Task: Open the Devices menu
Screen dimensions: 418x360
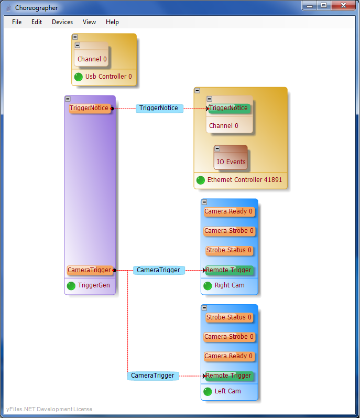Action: [x=62, y=22]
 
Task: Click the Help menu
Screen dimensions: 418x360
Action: [x=112, y=22]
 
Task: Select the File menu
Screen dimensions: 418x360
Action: [x=17, y=22]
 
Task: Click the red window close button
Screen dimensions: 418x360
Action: [x=343, y=5]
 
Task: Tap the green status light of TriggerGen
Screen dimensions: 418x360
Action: [x=71, y=286]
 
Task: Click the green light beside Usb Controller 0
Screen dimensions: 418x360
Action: [x=79, y=77]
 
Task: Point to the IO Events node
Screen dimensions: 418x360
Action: [x=231, y=162]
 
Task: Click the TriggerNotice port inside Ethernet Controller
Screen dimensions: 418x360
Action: [x=228, y=109]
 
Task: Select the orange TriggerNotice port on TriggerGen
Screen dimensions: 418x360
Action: [x=90, y=109]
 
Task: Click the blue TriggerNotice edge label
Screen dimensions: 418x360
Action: [x=159, y=109]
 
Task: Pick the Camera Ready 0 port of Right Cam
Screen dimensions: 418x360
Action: [x=228, y=212]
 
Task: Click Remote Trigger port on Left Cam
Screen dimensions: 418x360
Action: [x=228, y=376]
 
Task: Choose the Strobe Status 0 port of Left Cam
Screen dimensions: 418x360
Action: [x=228, y=317]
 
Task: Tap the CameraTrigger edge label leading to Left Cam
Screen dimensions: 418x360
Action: [x=152, y=376]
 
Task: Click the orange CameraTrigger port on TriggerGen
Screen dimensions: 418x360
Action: [x=90, y=271]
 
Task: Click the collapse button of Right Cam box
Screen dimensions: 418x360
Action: [x=204, y=202]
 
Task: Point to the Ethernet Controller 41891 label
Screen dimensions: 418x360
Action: [x=244, y=180]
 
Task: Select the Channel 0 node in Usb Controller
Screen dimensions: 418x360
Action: [x=92, y=59]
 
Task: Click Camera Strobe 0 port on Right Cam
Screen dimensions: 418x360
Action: [x=228, y=231]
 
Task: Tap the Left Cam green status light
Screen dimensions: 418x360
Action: [x=208, y=391]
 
